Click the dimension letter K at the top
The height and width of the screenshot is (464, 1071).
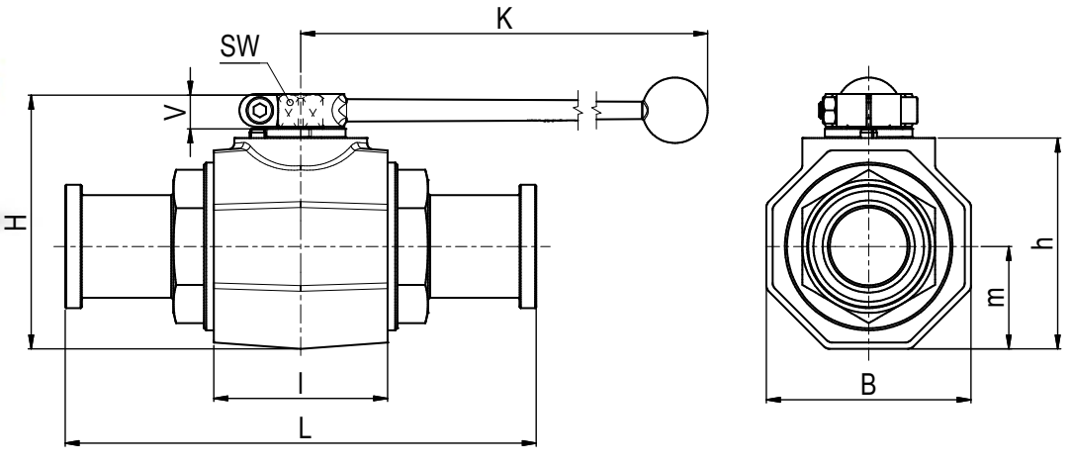pos(504,19)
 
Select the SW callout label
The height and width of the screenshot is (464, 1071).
pos(239,47)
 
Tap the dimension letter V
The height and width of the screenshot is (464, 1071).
pos(176,112)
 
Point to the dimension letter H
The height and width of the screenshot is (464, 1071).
pos(17,222)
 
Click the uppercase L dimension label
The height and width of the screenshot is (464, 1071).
pos(305,428)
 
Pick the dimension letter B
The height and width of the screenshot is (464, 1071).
pos(867,385)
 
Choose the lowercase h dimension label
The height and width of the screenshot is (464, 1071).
pos(1043,242)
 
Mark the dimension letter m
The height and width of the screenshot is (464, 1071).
pos(997,296)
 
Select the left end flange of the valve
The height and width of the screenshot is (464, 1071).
pos(73,246)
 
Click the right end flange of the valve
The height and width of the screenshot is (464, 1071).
pos(527,246)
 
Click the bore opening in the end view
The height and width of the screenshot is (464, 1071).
pos(867,246)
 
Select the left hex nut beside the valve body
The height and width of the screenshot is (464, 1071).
pos(189,246)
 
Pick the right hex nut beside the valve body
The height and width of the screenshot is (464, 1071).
pos(412,246)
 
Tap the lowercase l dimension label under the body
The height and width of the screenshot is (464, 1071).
pos(300,384)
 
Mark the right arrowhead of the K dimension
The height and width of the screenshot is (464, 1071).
pos(700,33)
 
